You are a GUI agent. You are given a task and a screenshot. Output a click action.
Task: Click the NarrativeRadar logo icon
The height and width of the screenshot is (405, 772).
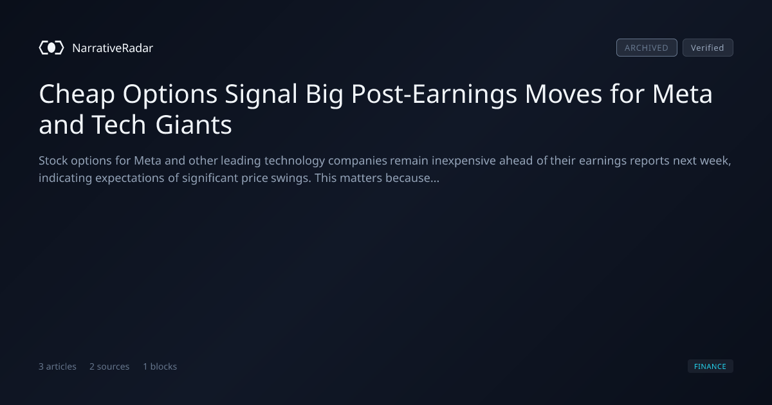[x=51, y=48]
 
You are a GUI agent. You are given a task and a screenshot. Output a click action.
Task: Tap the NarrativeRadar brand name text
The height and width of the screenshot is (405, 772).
[x=113, y=48]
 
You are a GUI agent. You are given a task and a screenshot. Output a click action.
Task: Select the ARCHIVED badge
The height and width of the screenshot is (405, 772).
[x=647, y=48]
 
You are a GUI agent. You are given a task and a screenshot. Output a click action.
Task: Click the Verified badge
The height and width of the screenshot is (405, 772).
[x=708, y=48]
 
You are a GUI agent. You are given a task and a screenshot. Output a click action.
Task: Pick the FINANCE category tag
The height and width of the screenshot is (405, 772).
[x=710, y=366]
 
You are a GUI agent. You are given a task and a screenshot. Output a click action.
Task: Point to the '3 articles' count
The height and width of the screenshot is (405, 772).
[x=57, y=366]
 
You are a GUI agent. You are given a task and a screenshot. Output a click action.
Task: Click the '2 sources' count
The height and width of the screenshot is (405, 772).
[x=109, y=366]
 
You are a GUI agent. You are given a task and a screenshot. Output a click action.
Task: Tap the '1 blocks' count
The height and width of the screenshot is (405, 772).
[x=160, y=366]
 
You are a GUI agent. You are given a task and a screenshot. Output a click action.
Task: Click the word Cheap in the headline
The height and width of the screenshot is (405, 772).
[x=77, y=94]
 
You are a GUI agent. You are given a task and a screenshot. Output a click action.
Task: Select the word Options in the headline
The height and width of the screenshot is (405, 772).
[x=170, y=94]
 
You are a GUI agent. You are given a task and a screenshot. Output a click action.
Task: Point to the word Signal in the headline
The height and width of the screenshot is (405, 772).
[x=261, y=94]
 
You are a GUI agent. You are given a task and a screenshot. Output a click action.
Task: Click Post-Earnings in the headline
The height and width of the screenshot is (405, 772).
[x=434, y=94]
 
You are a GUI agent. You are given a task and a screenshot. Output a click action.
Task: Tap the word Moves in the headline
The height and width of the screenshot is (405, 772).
[x=563, y=94]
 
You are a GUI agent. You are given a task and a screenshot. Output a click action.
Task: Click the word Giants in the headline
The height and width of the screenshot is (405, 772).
[x=194, y=125]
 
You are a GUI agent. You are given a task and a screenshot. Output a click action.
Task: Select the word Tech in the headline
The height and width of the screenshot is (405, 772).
[x=118, y=125]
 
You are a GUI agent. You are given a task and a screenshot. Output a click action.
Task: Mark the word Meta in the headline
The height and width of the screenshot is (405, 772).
[x=682, y=94]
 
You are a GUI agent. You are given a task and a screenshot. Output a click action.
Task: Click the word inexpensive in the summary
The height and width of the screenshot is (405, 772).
[x=464, y=161]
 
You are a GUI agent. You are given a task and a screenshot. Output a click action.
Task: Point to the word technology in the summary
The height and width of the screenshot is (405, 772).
[x=295, y=161]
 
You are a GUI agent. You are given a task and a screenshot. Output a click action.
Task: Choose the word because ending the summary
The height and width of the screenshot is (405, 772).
[x=412, y=178]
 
